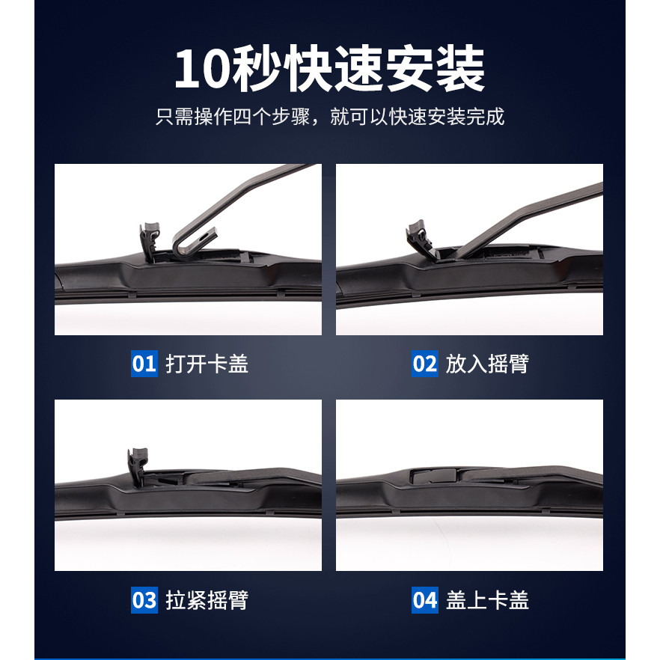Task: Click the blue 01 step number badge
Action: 144,363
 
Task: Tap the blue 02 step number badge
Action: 425,363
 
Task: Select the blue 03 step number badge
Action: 144,600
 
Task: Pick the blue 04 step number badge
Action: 425,600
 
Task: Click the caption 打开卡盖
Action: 207,364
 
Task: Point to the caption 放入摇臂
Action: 487,364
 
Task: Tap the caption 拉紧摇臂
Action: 207,600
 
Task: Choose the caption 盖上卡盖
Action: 487,600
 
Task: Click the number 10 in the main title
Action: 203,69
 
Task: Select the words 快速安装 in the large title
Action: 385,68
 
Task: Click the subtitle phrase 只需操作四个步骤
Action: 233,117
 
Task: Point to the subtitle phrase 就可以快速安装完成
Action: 417,117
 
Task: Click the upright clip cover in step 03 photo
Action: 138,466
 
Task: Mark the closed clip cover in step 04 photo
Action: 434,475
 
